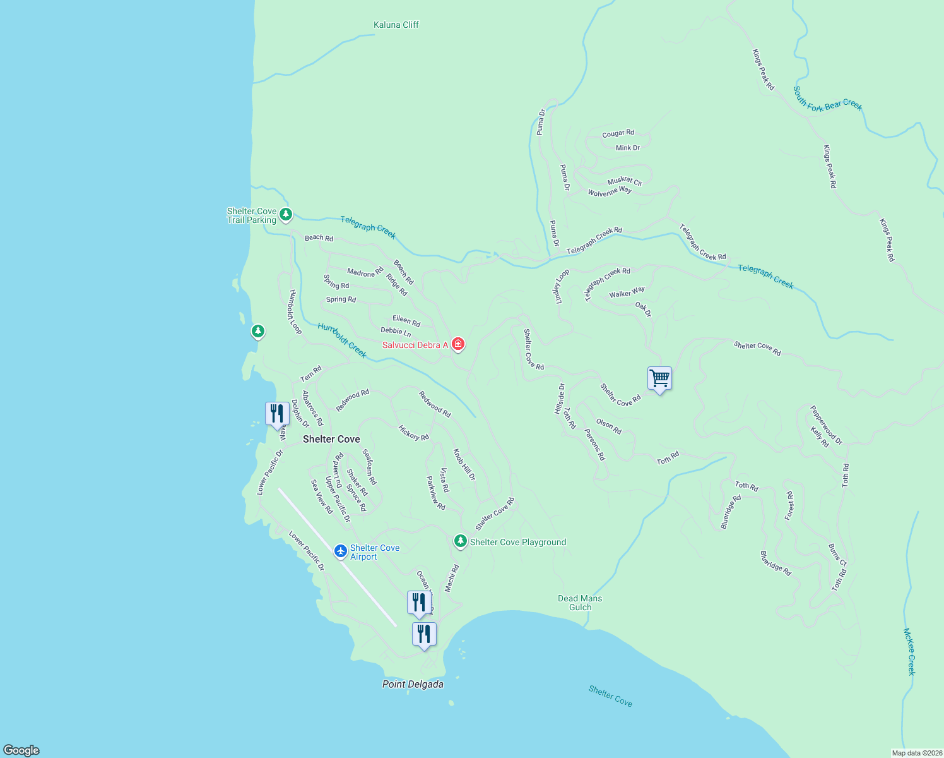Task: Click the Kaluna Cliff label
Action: point(396,25)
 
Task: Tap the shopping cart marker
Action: point(659,379)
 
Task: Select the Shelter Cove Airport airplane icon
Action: point(341,551)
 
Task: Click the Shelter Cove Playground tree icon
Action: point(461,541)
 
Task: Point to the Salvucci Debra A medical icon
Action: point(459,344)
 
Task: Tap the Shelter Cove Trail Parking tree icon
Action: point(286,215)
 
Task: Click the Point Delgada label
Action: point(413,684)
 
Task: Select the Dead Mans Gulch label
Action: point(580,603)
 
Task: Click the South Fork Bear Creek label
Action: point(827,99)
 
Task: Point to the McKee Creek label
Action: point(909,651)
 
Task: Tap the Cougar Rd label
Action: point(618,133)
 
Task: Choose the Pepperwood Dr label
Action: point(826,424)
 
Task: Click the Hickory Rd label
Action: point(414,433)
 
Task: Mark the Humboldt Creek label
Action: point(342,340)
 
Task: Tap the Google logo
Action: point(21,750)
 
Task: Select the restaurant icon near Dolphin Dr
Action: point(277,414)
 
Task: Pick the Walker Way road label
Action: point(627,292)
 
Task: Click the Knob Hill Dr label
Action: point(464,465)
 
